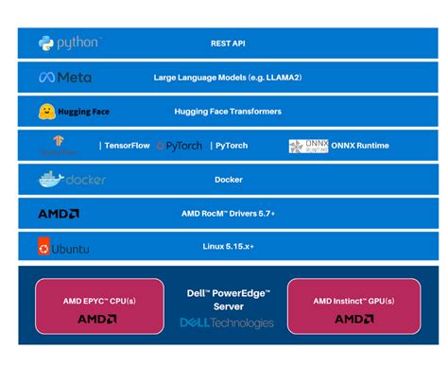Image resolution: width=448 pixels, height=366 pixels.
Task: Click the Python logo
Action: click(x=69, y=43)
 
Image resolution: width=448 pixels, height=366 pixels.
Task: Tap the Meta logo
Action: click(x=65, y=77)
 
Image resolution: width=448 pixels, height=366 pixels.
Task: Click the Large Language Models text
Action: click(x=227, y=77)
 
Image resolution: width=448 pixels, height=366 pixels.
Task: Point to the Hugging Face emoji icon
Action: click(x=45, y=112)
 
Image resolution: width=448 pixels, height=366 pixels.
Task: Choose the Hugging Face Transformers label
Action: click(x=228, y=112)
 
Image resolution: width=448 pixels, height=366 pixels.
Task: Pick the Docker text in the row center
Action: click(x=228, y=180)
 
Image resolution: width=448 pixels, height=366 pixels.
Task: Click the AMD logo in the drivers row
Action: click(x=59, y=214)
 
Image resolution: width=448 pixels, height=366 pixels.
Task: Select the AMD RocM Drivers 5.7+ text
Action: click(x=228, y=214)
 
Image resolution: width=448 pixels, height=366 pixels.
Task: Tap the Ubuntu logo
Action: click(x=62, y=248)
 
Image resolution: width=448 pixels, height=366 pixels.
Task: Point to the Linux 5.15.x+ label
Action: click(x=228, y=248)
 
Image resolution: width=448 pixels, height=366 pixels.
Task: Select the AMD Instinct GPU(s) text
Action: click(x=353, y=301)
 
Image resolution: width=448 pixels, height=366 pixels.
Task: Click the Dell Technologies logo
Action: click(x=227, y=322)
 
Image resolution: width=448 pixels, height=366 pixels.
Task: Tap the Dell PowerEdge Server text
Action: click(x=227, y=300)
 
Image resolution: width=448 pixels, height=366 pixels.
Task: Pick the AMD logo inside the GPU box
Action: click(x=353, y=320)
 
